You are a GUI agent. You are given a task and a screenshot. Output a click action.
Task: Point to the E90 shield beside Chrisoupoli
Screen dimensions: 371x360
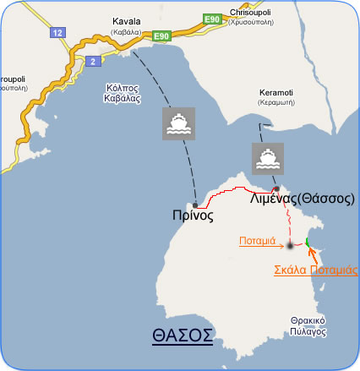pos(213,18)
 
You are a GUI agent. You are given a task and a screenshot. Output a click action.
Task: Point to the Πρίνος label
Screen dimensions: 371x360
pos(186,216)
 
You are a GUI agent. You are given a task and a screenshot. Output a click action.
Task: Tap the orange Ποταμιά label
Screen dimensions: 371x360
pos(257,239)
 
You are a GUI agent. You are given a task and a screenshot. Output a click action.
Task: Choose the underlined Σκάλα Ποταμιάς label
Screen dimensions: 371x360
pos(316,270)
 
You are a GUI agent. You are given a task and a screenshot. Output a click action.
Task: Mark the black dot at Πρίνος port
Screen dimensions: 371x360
pos(196,204)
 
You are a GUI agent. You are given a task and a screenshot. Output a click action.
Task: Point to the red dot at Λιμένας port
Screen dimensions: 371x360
pos(275,188)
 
